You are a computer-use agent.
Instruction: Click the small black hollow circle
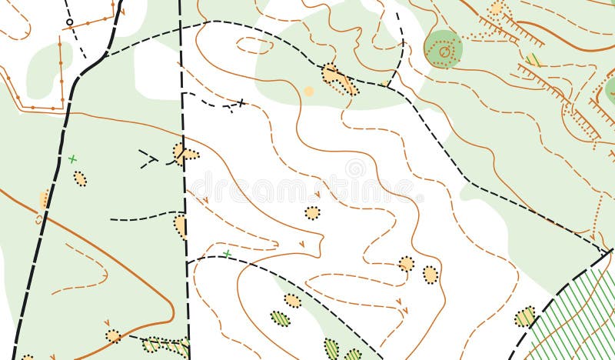click(x=70, y=22)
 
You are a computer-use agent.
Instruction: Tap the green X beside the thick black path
click(x=72, y=159)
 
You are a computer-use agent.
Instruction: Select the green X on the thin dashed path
click(x=227, y=254)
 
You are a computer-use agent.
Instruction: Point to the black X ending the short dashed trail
click(x=241, y=102)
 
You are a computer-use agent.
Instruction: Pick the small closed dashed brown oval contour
click(x=254, y=45)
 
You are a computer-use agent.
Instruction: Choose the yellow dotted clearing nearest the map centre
click(x=312, y=212)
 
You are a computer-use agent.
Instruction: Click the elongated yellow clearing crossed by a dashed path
click(x=338, y=78)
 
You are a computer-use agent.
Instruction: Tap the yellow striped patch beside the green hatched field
click(x=525, y=316)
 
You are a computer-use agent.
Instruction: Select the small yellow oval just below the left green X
click(x=80, y=178)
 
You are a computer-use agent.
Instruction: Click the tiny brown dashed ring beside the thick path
click(x=38, y=220)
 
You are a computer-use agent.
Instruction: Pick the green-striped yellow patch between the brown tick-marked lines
click(x=533, y=59)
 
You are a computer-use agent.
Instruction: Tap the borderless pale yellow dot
click(x=308, y=91)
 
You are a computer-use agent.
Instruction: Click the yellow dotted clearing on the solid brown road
click(x=113, y=335)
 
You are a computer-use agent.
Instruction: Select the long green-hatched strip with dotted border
click(x=165, y=345)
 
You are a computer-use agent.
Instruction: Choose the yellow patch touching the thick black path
click(x=45, y=199)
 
